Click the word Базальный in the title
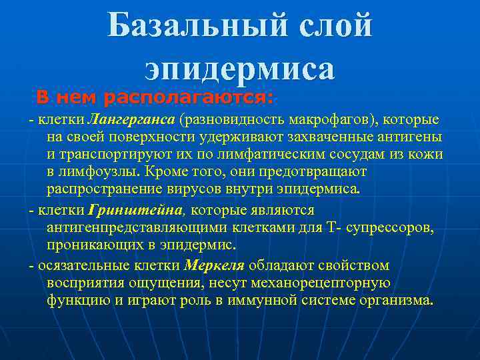pos(186,26)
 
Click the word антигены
pos(407,137)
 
